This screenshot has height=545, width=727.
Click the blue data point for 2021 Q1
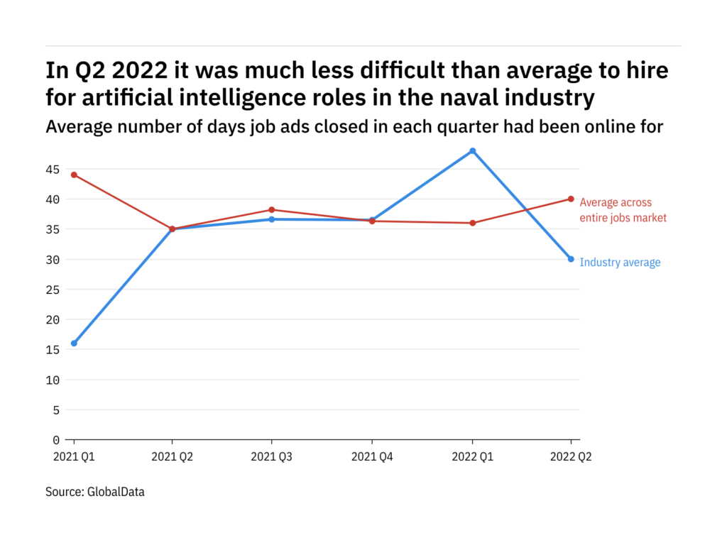tap(74, 343)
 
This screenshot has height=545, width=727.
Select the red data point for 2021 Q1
tap(74, 175)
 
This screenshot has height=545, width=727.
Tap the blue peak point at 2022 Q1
tap(472, 150)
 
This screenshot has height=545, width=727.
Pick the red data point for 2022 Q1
tap(472, 223)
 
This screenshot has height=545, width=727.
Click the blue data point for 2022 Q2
tap(571, 259)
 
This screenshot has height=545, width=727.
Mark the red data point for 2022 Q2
tap(571, 199)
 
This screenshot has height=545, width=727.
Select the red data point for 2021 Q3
tap(272, 209)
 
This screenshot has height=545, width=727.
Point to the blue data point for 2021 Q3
tap(272, 219)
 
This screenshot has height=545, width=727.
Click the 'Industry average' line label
tap(620, 263)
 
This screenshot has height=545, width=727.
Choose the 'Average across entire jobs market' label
tap(623, 210)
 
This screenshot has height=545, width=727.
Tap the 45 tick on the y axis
tap(53, 169)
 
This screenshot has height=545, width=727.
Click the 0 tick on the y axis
tap(56, 440)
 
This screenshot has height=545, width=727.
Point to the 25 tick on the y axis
tap(53, 290)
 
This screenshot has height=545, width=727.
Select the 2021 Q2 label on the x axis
tap(173, 458)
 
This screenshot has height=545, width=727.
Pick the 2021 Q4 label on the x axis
tap(371, 458)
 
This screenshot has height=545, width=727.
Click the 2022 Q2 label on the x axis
tap(570, 458)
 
